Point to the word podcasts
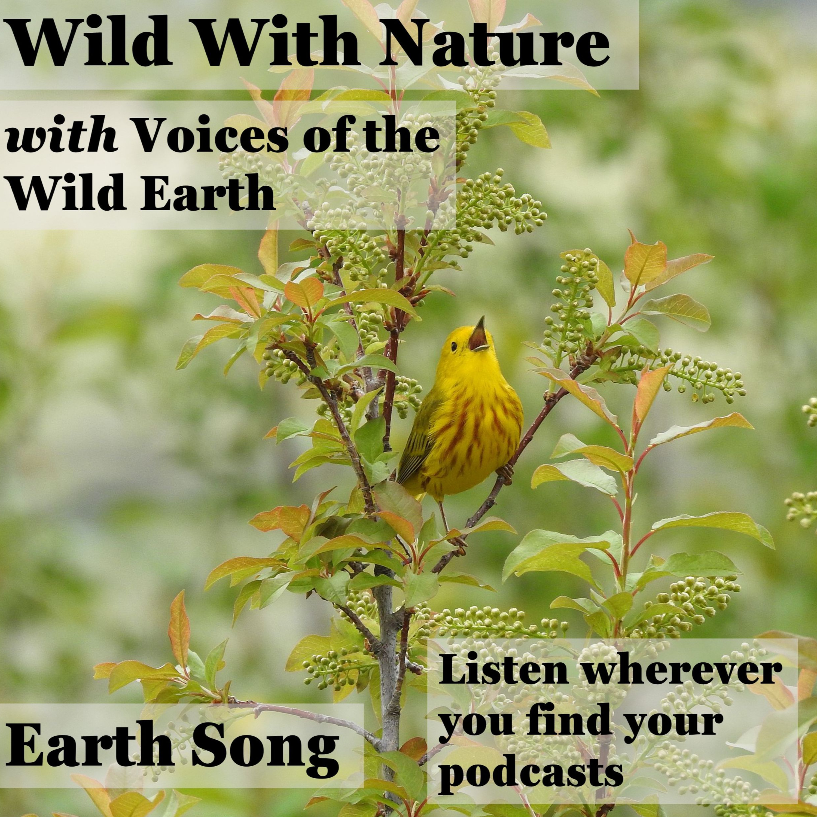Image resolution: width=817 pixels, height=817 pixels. point(531,764)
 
